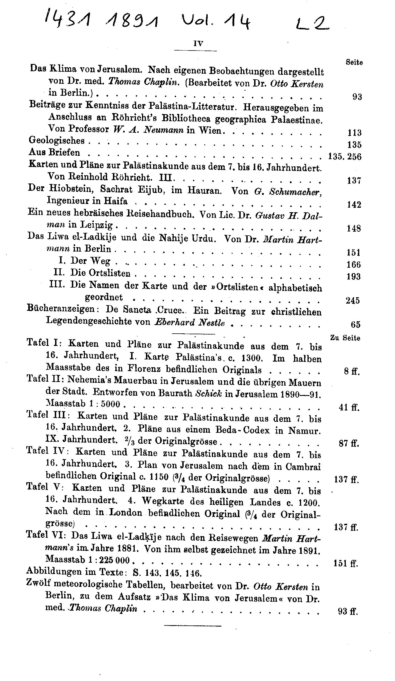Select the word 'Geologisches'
[57, 140]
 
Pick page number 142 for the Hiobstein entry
[354, 205]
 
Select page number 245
[353, 300]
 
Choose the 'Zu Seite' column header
[345, 338]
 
